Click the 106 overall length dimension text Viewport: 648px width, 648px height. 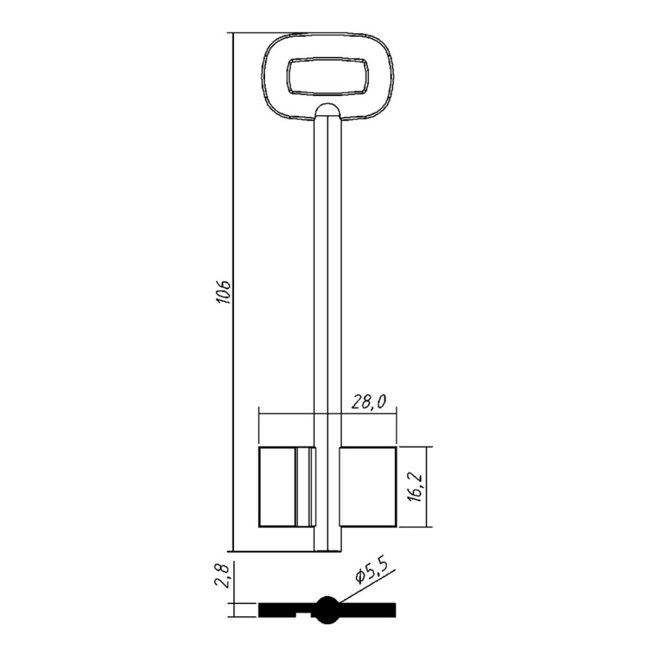224,292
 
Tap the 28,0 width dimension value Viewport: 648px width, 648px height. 369,402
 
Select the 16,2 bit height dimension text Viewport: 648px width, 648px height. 417,487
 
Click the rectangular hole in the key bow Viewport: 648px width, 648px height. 328,77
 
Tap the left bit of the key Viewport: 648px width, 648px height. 287,487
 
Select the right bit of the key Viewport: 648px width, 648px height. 368,487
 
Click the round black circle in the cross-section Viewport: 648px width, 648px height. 328,610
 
